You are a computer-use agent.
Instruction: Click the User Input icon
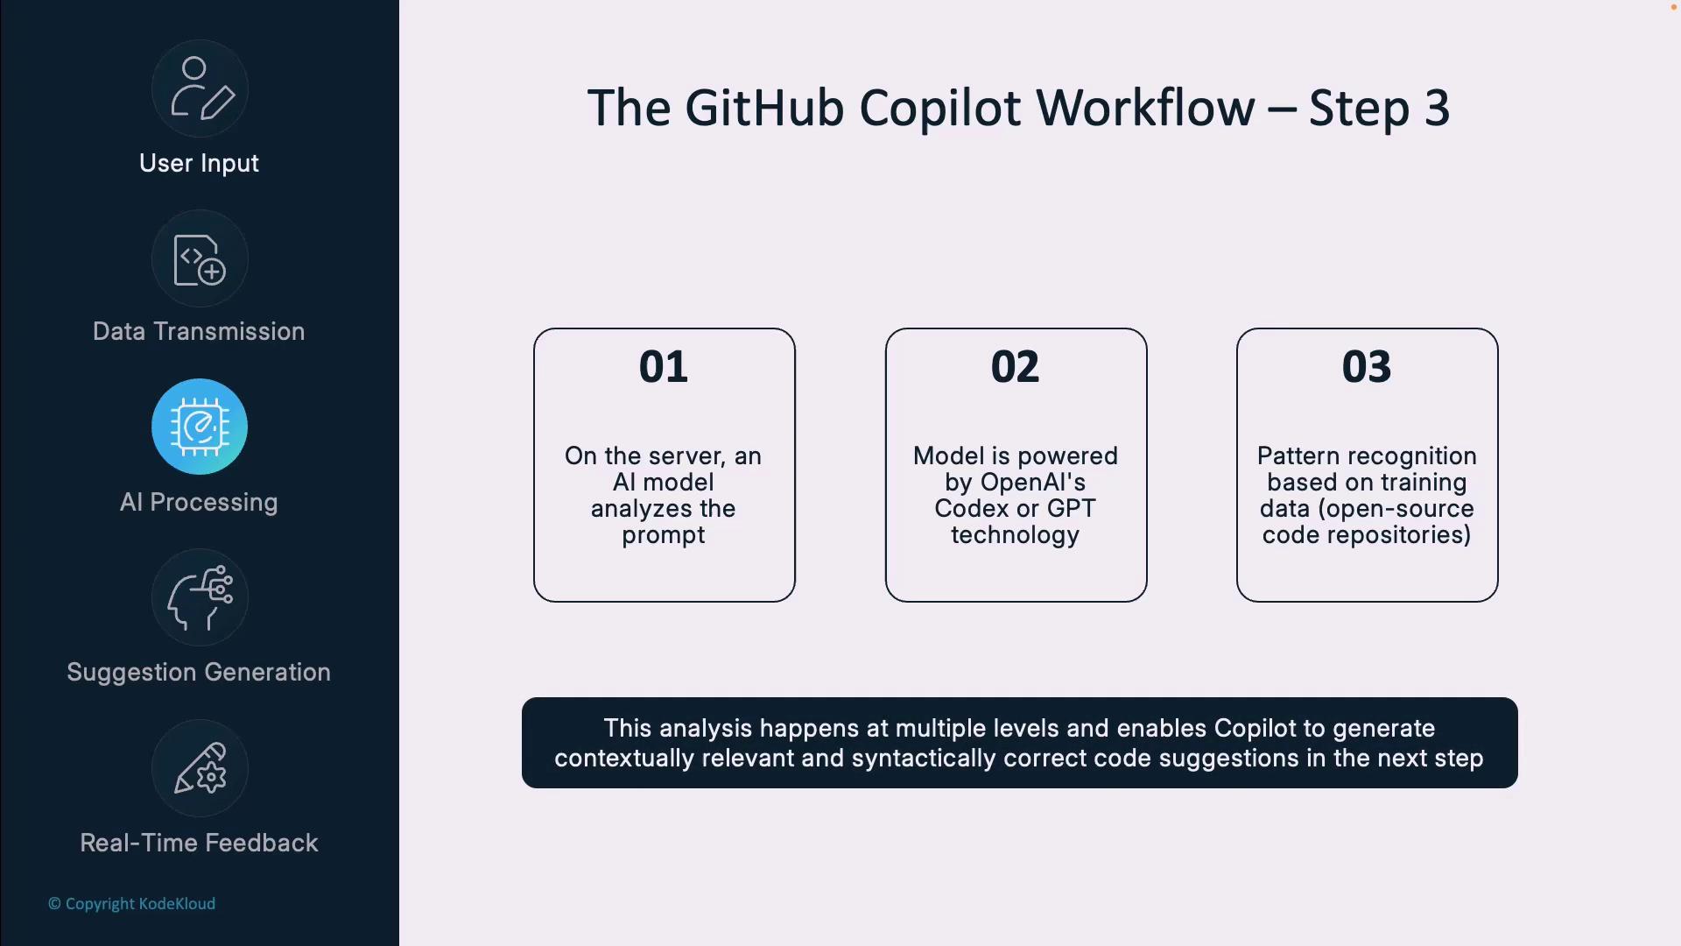point(200,88)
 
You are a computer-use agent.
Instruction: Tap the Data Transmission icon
point(200,259)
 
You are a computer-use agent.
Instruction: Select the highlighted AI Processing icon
point(200,427)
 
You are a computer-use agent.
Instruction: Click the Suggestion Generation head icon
point(200,597)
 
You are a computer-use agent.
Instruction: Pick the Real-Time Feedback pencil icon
point(200,768)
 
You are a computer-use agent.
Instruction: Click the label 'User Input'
point(199,164)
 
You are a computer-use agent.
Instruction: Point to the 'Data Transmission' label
point(199,332)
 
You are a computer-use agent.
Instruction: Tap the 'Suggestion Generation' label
point(199,673)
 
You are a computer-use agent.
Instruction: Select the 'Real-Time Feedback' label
point(199,844)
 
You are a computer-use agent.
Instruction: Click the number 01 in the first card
point(664,367)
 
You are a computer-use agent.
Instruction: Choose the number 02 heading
point(1015,367)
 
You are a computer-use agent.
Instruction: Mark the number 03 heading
point(1367,367)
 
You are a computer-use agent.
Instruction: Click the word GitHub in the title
point(764,109)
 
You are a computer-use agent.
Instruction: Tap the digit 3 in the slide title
point(1437,109)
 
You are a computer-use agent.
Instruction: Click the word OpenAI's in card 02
point(1033,483)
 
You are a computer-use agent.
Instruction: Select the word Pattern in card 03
point(1298,456)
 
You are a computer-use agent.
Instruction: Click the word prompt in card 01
point(664,535)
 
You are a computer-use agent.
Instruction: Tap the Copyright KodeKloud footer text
point(132,904)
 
